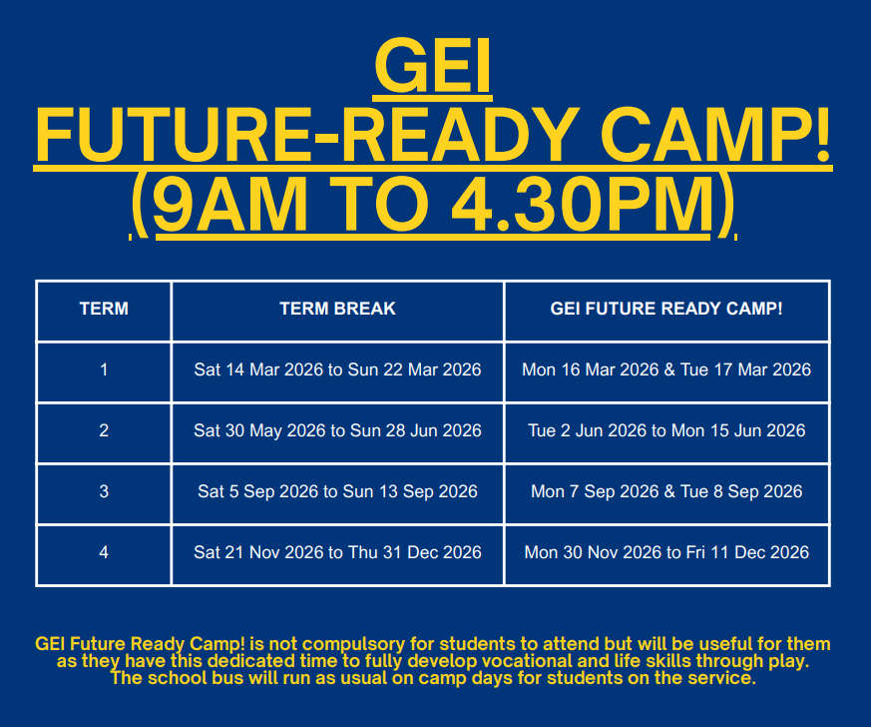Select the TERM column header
coord(104,309)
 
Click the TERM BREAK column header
coord(337,309)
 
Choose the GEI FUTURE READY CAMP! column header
coord(666,309)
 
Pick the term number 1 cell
coord(104,369)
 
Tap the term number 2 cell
coord(104,430)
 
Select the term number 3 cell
coord(104,491)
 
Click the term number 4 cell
coord(104,552)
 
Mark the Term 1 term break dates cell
coord(337,369)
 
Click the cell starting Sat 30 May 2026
coord(337,430)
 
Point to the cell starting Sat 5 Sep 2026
coord(337,491)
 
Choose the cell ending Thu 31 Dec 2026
coord(337,552)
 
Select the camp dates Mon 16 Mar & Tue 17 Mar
coord(666,369)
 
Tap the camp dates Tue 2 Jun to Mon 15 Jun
coord(666,430)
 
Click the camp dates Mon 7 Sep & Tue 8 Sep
coord(666,491)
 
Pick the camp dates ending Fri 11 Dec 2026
coord(666,552)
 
